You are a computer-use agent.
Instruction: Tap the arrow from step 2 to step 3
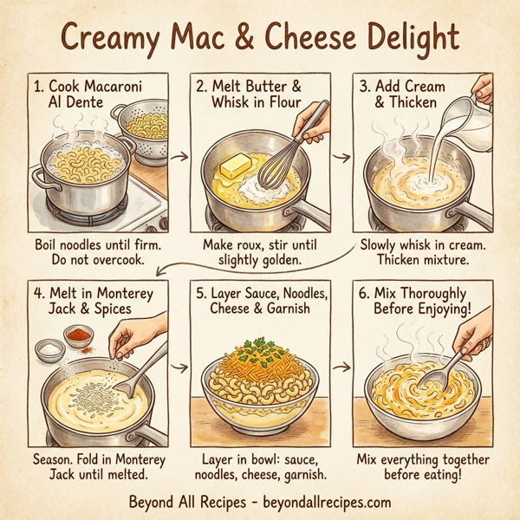[x=342, y=159]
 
